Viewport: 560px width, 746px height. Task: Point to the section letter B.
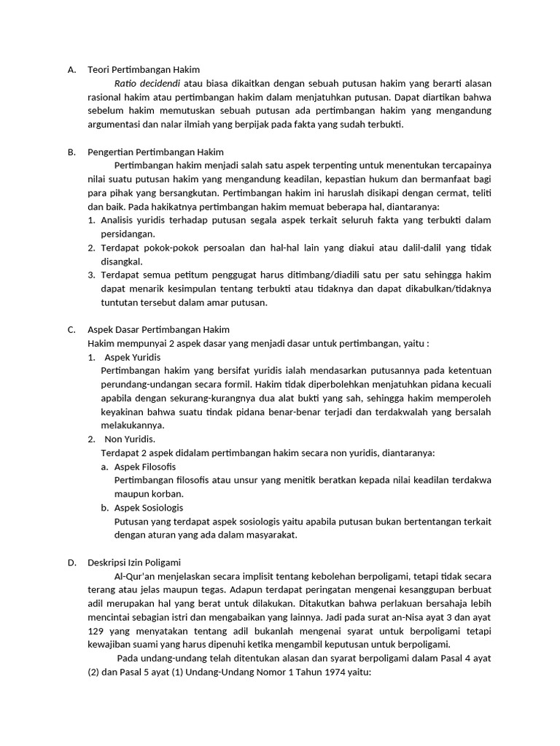click(71, 152)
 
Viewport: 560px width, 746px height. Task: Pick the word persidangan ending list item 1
click(128, 234)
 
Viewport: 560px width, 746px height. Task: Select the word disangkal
click(122, 262)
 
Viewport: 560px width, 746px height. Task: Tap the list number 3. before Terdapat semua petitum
click(91, 275)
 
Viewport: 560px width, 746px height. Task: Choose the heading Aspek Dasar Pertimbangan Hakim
click(158, 330)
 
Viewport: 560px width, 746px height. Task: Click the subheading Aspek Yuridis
click(133, 358)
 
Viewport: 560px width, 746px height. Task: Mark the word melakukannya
click(133, 425)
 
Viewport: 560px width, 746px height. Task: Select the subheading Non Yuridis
click(130, 439)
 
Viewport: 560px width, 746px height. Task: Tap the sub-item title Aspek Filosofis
click(145, 466)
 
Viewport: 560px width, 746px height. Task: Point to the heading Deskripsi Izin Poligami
click(134, 562)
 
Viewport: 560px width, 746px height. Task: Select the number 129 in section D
click(96, 631)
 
